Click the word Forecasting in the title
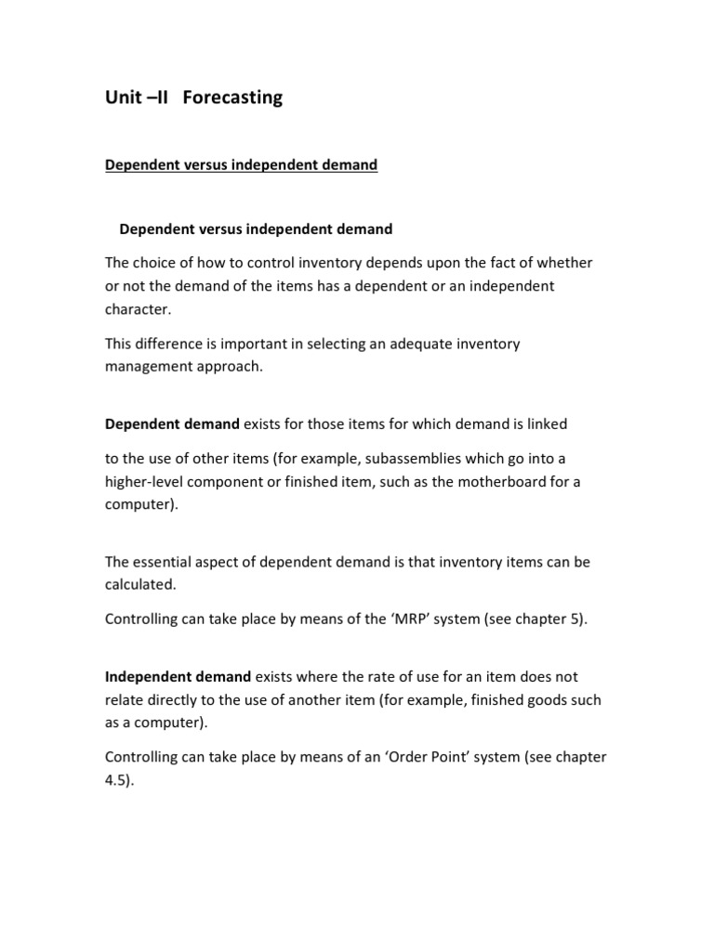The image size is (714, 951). pyautogui.click(x=232, y=98)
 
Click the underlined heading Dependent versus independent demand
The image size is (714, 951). pyautogui.click(x=241, y=165)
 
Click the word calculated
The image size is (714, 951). pyautogui.click(x=139, y=585)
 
